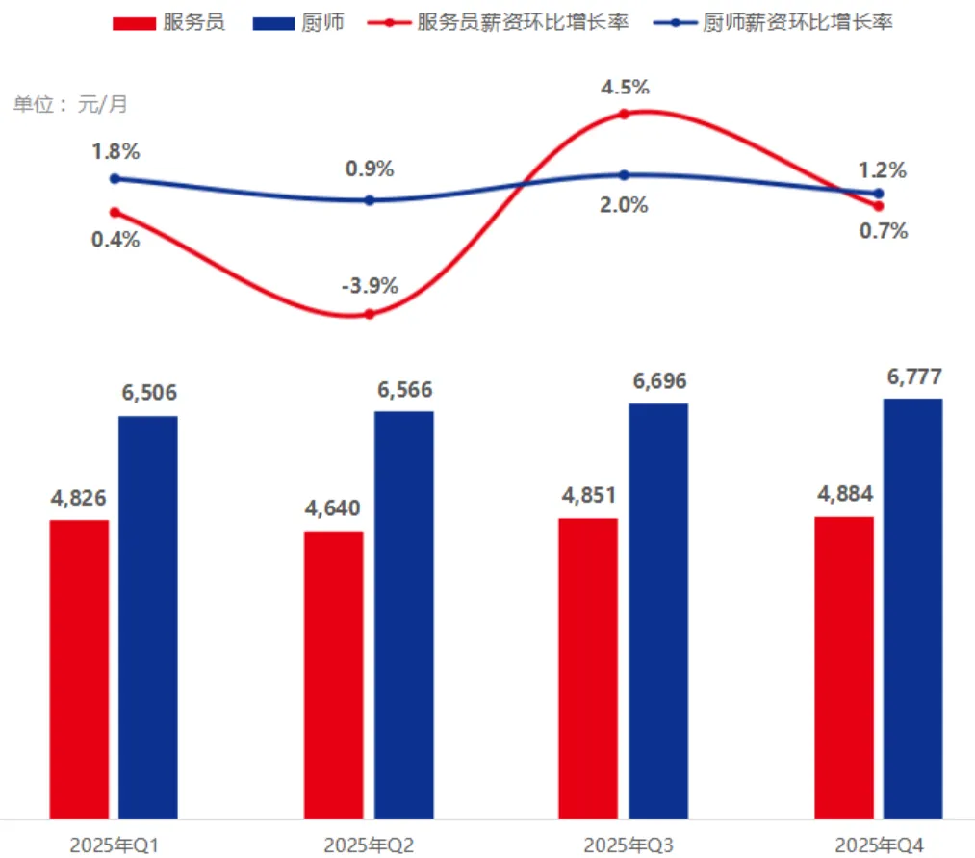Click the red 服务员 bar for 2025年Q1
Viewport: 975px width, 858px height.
[79, 668]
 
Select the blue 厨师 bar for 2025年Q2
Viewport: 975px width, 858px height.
[403, 614]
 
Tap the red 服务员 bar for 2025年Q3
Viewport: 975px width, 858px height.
[588, 667]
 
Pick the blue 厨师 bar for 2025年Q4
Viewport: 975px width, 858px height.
[912, 608]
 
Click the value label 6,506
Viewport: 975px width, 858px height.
[149, 392]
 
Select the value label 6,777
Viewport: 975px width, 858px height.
[913, 376]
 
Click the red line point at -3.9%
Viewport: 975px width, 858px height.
[370, 314]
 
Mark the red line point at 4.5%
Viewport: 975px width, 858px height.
[624, 114]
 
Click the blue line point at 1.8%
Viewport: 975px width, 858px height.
[115, 178]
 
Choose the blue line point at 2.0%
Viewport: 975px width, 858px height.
[624, 175]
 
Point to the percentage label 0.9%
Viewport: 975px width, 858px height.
[370, 169]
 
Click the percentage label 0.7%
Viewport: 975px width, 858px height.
[884, 231]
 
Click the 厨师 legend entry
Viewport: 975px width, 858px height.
[297, 22]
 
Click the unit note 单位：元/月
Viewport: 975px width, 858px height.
[70, 104]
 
